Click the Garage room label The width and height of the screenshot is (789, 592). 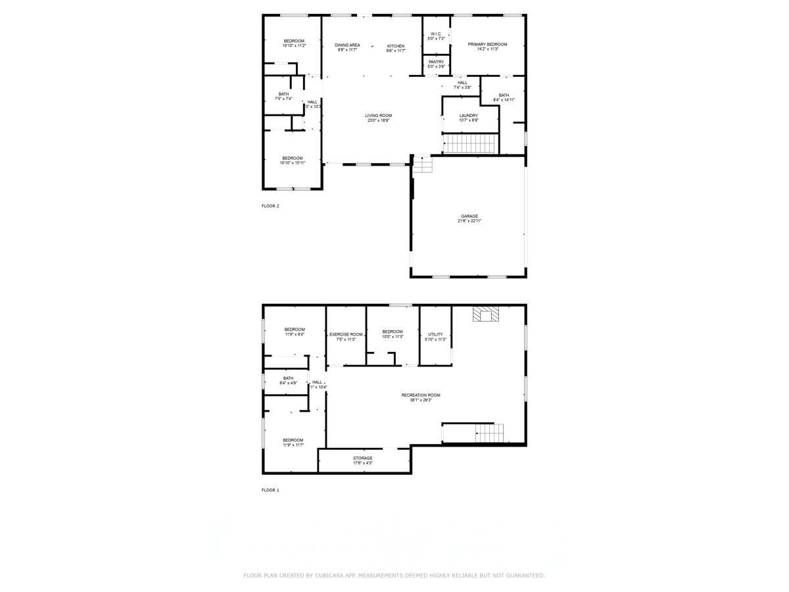point(469,216)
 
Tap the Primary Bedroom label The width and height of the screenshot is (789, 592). point(487,44)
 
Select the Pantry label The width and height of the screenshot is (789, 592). point(436,62)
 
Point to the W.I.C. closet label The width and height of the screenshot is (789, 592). point(437,34)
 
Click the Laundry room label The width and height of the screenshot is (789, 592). point(469,116)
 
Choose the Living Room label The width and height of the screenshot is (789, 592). point(379,116)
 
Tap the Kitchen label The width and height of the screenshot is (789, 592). point(395,45)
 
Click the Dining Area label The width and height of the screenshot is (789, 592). point(347,45)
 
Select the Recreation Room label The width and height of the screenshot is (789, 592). point(421,395)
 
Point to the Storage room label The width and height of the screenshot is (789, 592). point(363,458)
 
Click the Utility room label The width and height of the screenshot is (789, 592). point(435,334)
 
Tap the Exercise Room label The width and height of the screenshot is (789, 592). point(347,334)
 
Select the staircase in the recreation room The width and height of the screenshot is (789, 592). point(490,433)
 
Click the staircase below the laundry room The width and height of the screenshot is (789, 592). point(470,143)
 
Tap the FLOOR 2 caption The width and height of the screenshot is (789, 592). point(270,206)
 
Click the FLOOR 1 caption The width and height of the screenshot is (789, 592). point(270,490)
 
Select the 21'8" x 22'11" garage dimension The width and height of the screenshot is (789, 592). point(469,222)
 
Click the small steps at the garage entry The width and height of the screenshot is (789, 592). point(422,164)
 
